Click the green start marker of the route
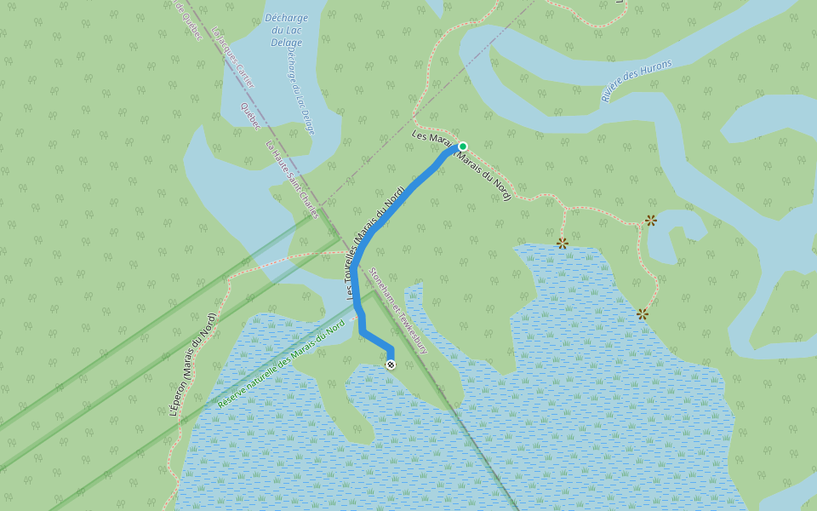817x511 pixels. click(463, 146)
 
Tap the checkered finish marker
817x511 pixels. click(391, 365)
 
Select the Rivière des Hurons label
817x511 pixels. click(637, 81)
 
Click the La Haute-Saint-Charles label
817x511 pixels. click(293, 179)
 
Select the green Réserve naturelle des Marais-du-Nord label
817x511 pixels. click(281, 362)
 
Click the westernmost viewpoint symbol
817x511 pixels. click(562, 243)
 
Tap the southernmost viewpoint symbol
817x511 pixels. click(643, 314)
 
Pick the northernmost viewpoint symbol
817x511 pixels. click(651, 220)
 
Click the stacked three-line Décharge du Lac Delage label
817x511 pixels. click(286, 31)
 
